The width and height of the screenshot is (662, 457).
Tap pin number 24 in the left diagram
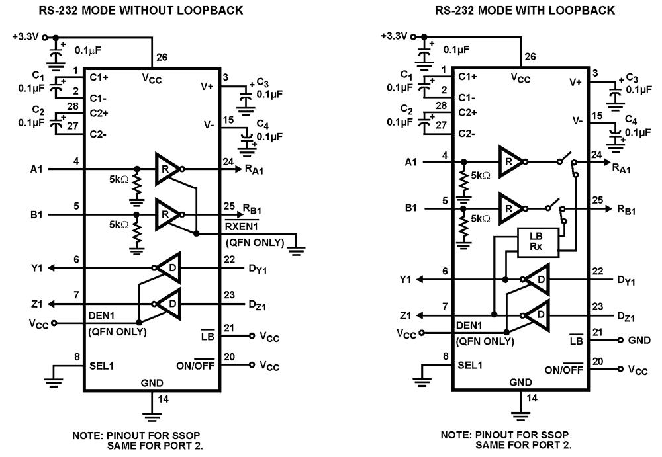tap(228, 160)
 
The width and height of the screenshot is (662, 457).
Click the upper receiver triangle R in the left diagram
tap(165, 169)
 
